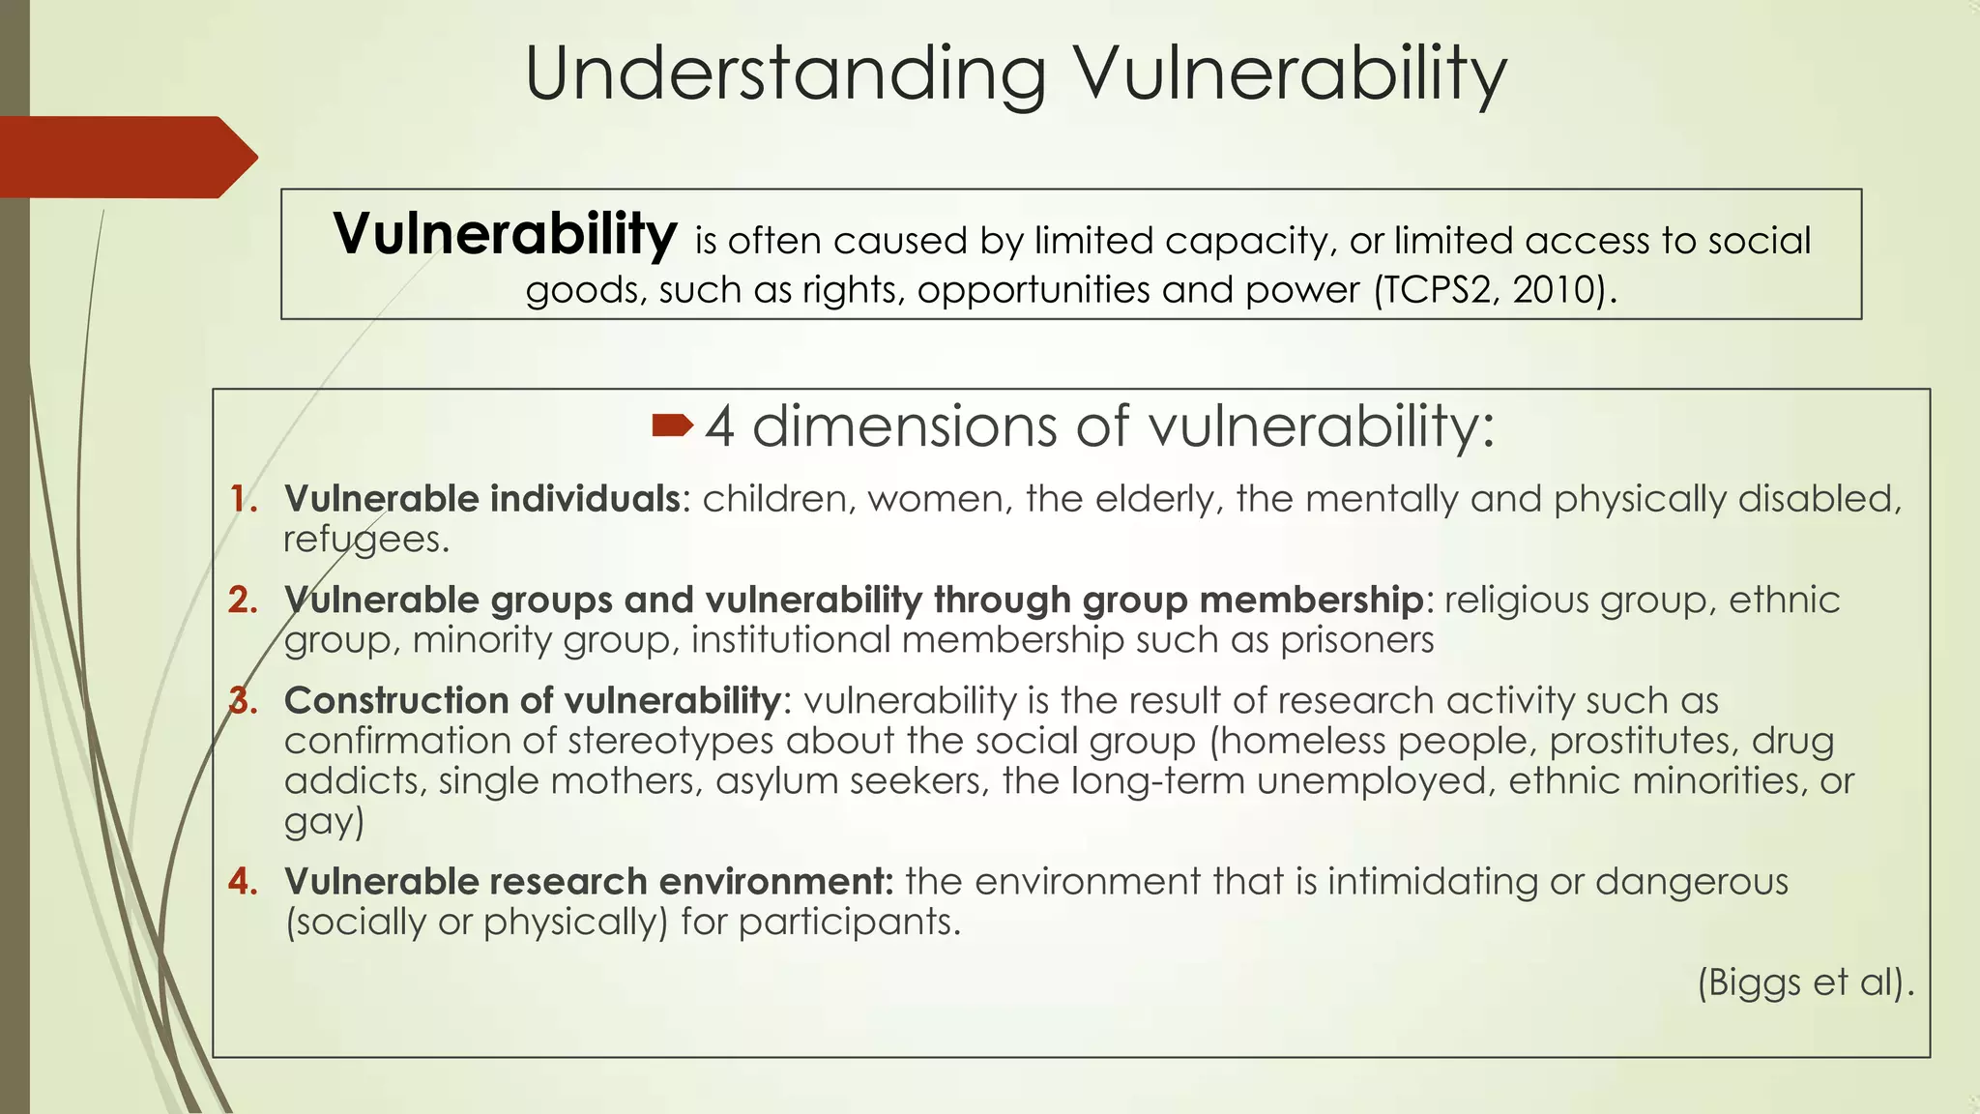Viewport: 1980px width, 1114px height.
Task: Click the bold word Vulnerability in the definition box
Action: [x=505, y=234]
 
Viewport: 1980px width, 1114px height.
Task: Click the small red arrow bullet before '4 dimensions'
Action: [x=673, y=425]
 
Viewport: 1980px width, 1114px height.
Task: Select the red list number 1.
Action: [x=244, y=499]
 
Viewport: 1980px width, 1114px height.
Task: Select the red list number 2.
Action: [x=244, y=601]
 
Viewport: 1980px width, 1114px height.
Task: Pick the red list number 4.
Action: [x=244, y=882]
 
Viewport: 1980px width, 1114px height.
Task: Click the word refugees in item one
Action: [x=365, y=540]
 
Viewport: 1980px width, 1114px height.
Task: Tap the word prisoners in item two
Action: [x=1357, y=640]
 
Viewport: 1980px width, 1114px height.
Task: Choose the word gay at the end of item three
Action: [x=322, y=822]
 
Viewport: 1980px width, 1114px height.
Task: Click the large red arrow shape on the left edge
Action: [x=126, y=157]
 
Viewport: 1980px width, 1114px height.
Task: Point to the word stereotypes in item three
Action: [x=671, y=741]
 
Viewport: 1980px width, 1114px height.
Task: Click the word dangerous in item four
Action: [x=1691, y=882]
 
